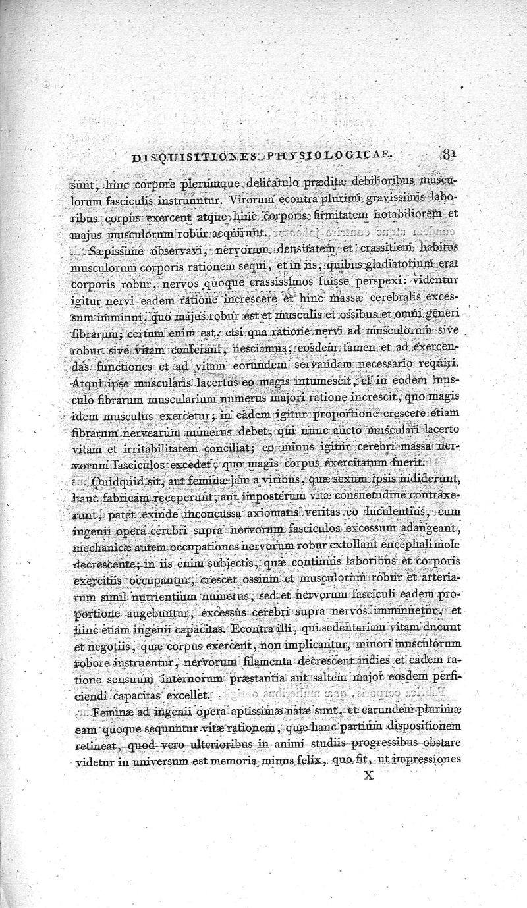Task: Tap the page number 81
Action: pos(449,156)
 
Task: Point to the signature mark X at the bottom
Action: pos(369,776)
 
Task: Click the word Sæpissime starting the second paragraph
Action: pos(119,250)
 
